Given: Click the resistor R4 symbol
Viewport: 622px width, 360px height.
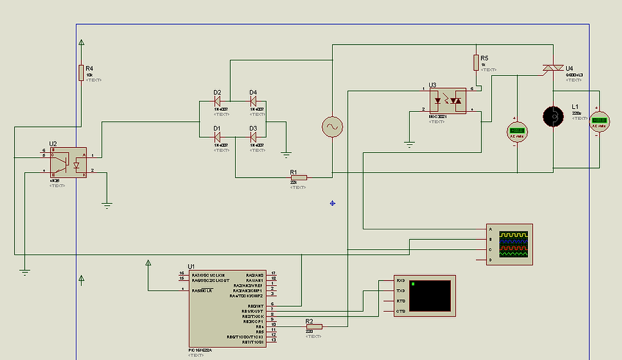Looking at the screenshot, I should coord(81,73).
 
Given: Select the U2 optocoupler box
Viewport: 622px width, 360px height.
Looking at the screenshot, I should coord(68,164).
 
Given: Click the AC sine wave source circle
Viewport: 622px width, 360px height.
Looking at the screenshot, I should coord(332,127).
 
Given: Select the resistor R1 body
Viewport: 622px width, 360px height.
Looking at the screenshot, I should coord(299,178).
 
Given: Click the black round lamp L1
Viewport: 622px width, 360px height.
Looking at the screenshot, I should coord(552,116).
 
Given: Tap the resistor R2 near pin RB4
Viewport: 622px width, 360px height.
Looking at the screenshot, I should coord(313,326).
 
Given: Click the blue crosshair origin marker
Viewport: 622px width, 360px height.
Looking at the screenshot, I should coord(333,203).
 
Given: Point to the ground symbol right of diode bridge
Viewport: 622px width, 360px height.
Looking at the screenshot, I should coord(286,152).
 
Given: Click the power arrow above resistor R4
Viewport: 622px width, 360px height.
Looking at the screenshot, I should coord(81,43).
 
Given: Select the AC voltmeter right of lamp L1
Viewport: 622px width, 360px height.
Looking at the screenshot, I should coord(600,121).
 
